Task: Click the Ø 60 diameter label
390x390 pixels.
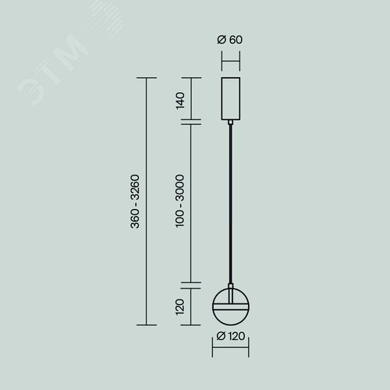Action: tap(229, 40)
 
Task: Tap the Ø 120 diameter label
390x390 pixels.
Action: tap(231, 336)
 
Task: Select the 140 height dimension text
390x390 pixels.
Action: tap(180, 101)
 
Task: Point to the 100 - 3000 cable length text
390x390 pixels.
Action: tap(180, 201)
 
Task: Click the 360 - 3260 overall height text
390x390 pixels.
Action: tap(135, 201)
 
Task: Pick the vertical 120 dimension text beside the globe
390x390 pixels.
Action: tap(180, 307)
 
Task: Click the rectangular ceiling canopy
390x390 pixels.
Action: tap(231, 99)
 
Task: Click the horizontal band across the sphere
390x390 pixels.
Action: tap(231, 307)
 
